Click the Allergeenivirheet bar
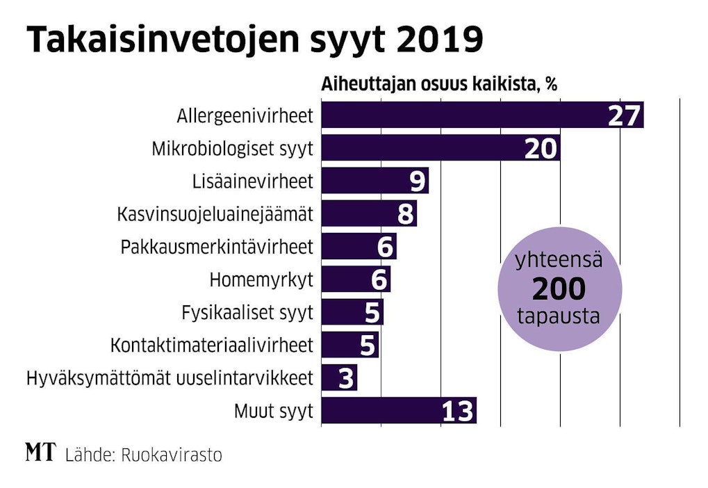(x=459, y=115)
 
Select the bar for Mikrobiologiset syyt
(x=417, y=148)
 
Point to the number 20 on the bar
(x=541, y=149)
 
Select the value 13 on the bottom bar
(x=459, y=412)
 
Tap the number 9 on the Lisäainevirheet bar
(x=417, y=181)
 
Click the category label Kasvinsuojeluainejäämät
(x=215, y=214)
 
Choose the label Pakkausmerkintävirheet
(x=217, y=247)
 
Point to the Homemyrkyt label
(x=261, y=280)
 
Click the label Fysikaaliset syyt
(x=247, y=312)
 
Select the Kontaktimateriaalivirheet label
(x=212, y=345)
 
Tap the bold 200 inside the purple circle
(x=559, y=288)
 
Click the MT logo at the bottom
(x=40, y=453)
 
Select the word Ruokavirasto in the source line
(x=172, y=455)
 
